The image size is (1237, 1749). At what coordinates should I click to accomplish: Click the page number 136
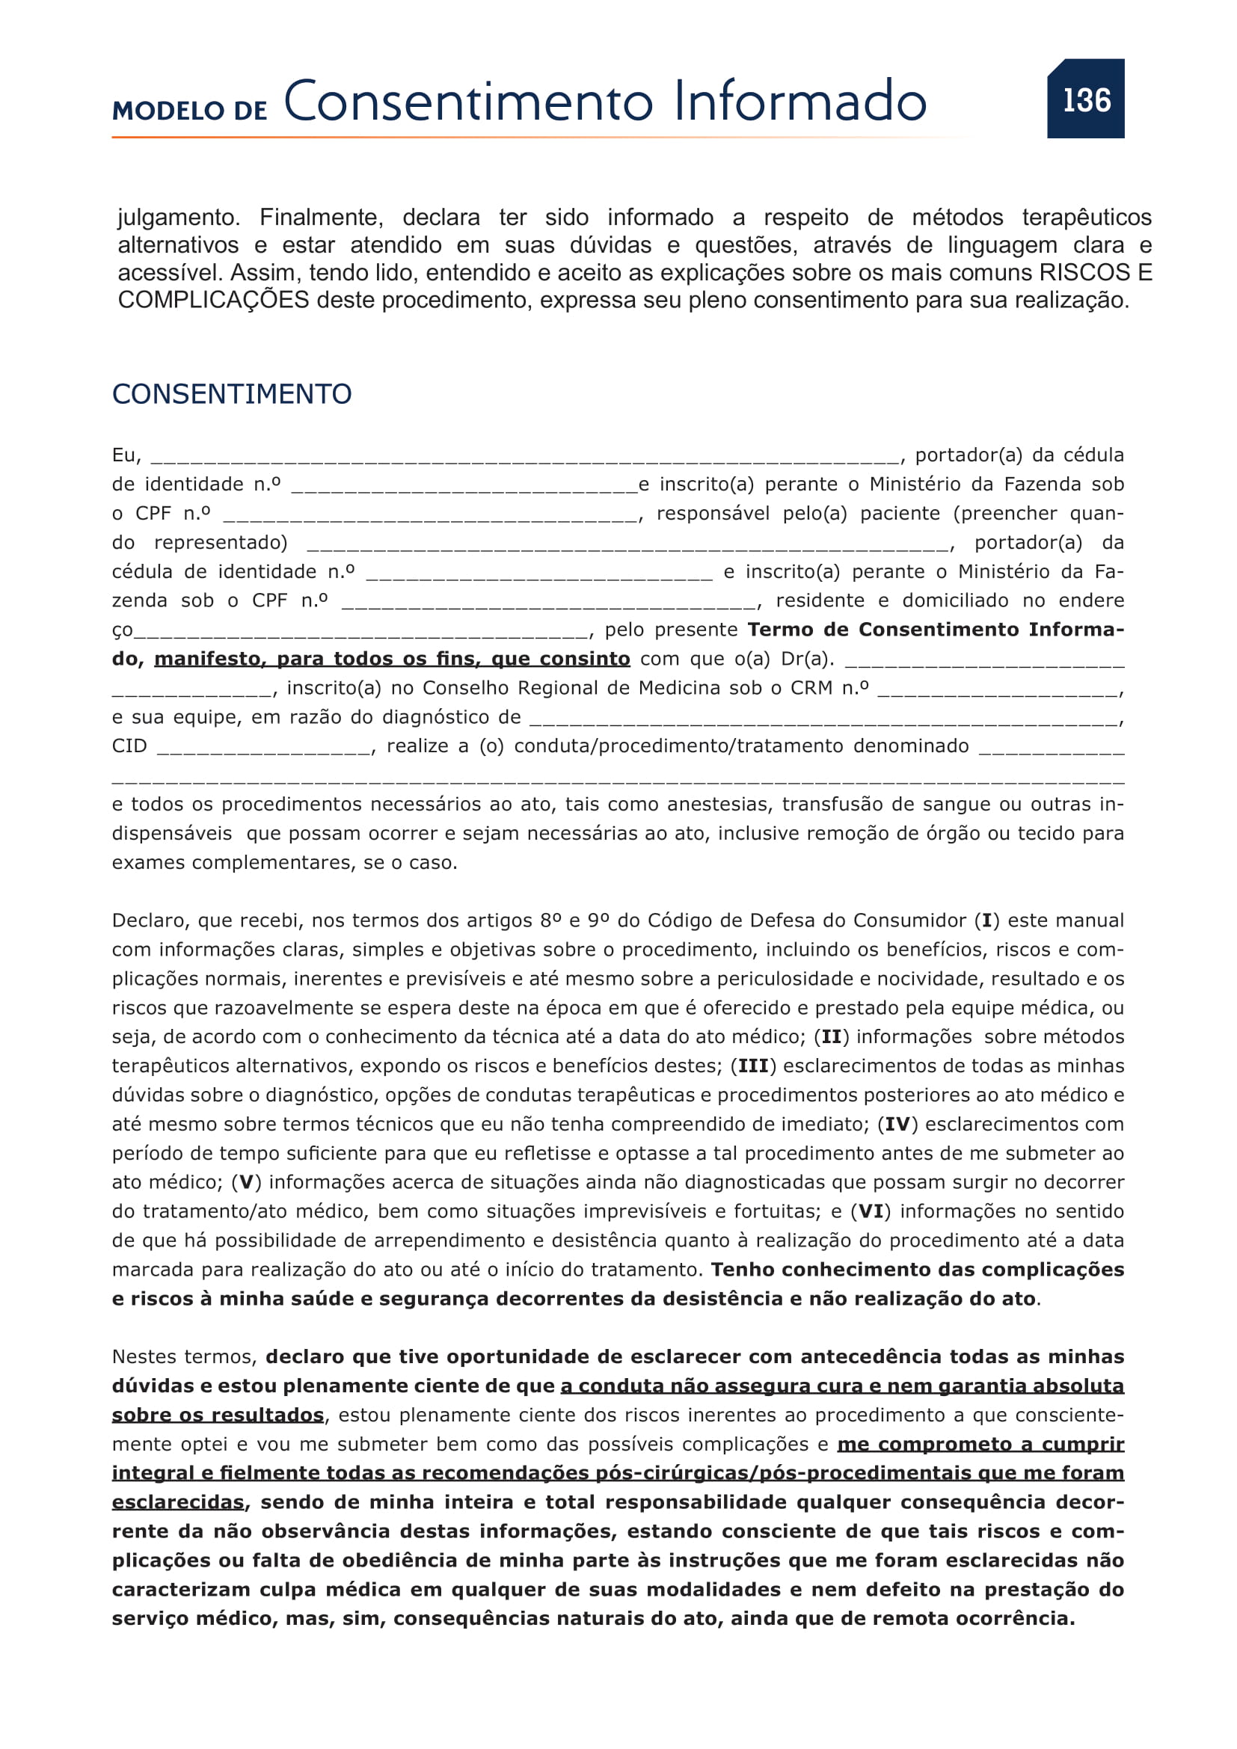[1086, 99]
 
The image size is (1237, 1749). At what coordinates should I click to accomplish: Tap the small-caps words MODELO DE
[190, 111]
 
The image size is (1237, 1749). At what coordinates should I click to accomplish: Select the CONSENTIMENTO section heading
[232, 394]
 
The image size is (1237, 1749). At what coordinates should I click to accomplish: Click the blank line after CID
[264, 748]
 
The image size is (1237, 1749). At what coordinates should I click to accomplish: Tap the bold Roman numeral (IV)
[897, 1125]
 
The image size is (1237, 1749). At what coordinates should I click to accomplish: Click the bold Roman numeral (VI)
[871, 1211]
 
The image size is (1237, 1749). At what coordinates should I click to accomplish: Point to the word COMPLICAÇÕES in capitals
[213, 300]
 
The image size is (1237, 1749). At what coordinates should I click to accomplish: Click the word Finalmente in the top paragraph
[321, 218]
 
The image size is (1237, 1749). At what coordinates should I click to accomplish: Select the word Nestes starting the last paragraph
[147, 1356]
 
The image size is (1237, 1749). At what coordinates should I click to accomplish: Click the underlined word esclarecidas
[178, 1502]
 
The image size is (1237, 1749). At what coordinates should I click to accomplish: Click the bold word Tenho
[743, 1270]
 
